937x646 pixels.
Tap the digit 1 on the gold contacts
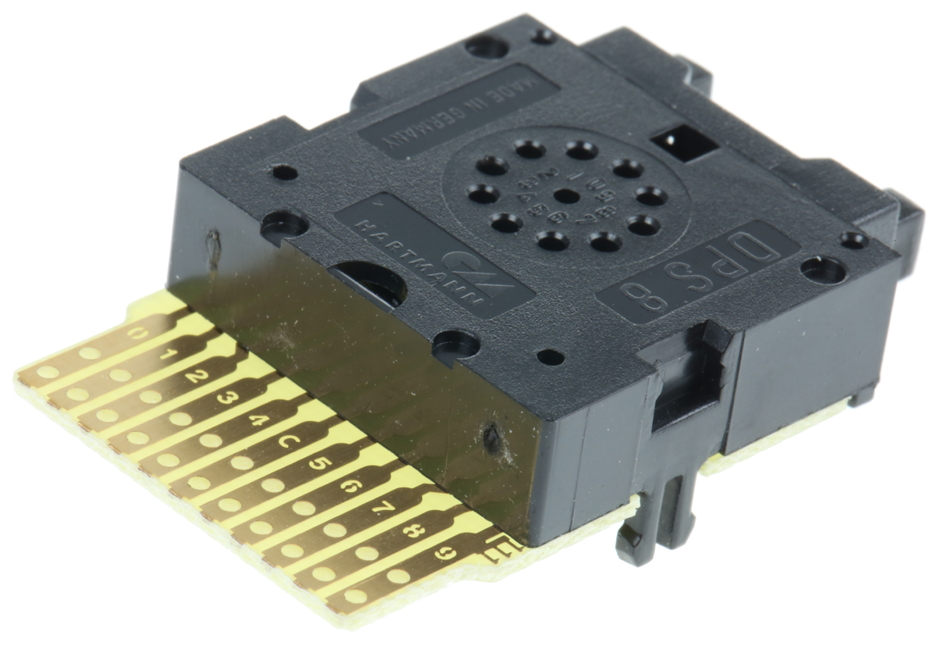(168, 356)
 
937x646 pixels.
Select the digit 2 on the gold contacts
(197, 377)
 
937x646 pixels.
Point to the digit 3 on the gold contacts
(227, 398)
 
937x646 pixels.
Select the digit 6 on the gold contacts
(348, 487)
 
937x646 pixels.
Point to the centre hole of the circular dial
(567, 195)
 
